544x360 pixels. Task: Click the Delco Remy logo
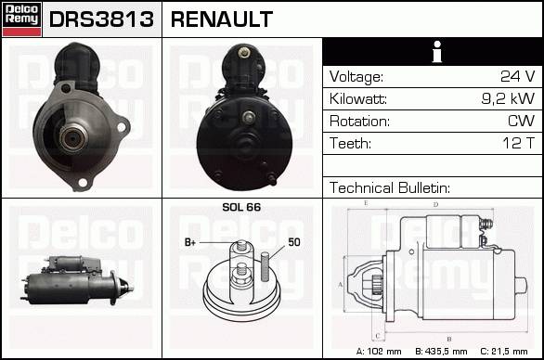[x=22, y=19]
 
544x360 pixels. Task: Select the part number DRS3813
[x=101, y=19]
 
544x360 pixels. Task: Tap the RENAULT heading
[x=222, y=19]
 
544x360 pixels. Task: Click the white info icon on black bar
[x=437, y=52]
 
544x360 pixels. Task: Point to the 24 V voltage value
[x=518, y=76]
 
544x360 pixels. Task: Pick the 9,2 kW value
[x=508, y=98]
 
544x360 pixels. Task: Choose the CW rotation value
[x=521, y=121]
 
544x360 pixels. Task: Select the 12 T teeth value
[x=519, y=143]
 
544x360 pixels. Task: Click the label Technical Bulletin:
[x=390, y=187]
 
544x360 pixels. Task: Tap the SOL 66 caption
[x=241, y=207]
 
